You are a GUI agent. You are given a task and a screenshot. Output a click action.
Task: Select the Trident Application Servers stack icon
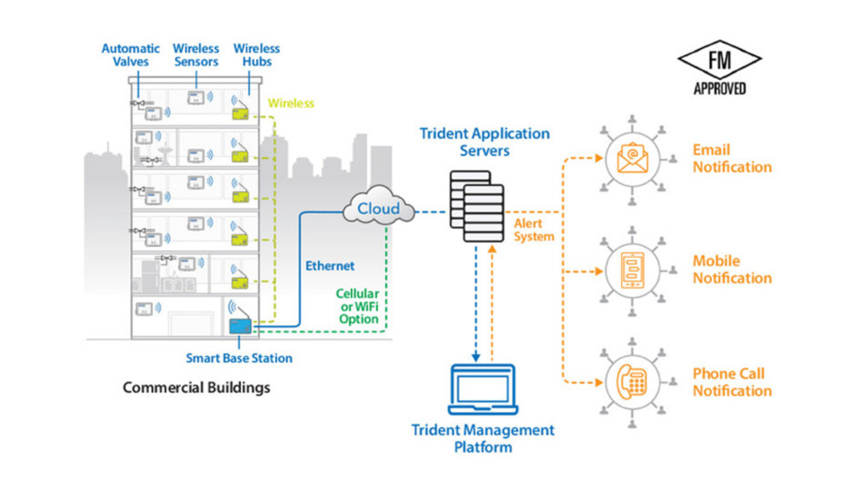[x=477, y=207]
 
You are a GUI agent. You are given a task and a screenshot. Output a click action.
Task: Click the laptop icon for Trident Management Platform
[x=483, y=390]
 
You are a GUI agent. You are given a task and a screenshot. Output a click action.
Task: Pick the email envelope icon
[x=632, y=158]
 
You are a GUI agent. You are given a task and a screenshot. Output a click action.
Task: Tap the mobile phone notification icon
[x=632, y=270]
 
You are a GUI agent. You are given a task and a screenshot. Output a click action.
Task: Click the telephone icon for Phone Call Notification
[x=632, y=382]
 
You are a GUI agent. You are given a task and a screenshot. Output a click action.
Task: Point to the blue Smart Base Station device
[x=240, y=326]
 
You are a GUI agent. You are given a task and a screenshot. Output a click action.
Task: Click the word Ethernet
[x=330, y=266]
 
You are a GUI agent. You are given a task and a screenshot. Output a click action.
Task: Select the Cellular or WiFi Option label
[x=357, y=306]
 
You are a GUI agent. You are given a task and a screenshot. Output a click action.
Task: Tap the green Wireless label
[x=291, y=103]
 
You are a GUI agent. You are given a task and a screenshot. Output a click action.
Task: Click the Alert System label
[x=534, y=230]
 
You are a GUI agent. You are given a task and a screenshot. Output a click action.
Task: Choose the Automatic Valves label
[x=131, y=55]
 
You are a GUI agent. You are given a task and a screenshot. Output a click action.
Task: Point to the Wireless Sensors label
[x=196, y=55]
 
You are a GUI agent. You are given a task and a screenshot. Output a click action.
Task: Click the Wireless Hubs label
[x=257, y=55]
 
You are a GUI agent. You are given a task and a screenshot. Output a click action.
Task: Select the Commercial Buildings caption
[x=196, y=388]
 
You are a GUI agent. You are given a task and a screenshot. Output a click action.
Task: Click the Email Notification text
[x=732, y=158]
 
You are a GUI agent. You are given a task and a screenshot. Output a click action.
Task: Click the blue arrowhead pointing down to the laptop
[x=476, y=357]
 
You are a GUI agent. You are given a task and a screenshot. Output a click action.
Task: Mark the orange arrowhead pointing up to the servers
[x=492, y=248]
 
